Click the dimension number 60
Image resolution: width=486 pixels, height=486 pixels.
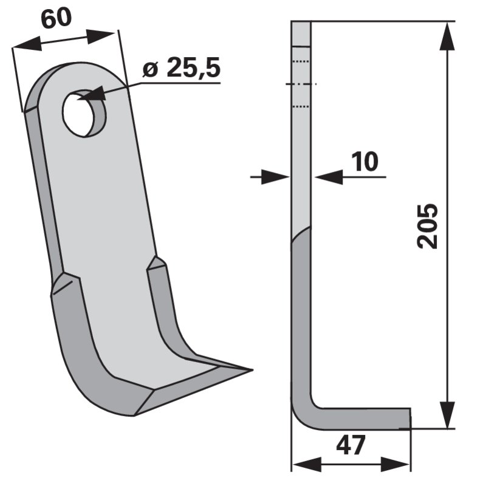pos(56,19)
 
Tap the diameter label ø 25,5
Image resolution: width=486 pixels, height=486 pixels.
pos(182,67)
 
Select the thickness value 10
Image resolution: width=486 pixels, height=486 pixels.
pos(365,162)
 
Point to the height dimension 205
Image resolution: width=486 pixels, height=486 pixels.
pos(428,226)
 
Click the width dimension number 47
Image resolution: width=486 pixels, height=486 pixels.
pos(351,445)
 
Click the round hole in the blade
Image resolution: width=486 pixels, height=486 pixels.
pos(84,113)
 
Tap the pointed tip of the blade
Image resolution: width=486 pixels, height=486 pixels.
pos(252,370)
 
